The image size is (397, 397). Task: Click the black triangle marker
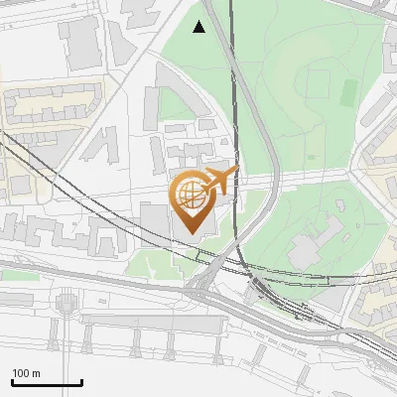tap(199, 27)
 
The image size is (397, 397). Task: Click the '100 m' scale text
tap(26, 373)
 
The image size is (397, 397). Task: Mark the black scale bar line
tap(47, 382)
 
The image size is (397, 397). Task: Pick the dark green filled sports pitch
tap(348, 93)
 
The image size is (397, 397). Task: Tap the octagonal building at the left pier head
tap(66, 303)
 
